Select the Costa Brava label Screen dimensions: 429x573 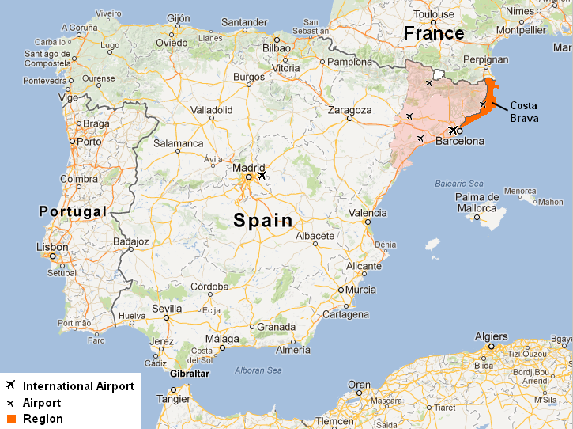[x=524, y=112]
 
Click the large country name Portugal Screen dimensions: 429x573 [x=72, y=211]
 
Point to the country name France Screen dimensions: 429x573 [x=433, y=33]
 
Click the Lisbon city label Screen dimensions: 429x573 [x=51, y=247]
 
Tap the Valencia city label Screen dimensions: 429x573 [x=368, y=213]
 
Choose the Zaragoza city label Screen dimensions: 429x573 [x=349, y=109]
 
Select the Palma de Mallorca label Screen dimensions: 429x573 [x=477, y=203]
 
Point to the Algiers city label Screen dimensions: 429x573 [x=491, y=336]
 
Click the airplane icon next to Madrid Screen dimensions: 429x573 [x=262, y=176]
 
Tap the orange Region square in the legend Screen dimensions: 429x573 [x=10, y=419]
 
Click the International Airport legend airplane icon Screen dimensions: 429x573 [x=10, y=386]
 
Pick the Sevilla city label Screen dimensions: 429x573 [x=166, y=308]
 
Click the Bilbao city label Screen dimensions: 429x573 [x=277, y=48]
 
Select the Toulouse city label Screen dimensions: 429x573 [x=434, y=14]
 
